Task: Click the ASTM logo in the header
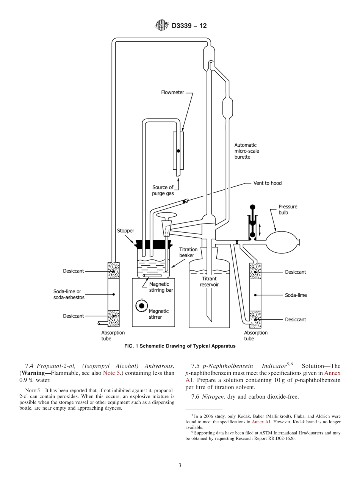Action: pos(162,26)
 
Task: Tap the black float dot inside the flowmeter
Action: pos(178,151)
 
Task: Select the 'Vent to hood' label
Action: pos(268,183)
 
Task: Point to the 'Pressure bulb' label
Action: pos(288,210)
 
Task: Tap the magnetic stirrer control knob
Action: pos(142,305)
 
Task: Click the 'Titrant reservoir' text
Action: pos(209,282)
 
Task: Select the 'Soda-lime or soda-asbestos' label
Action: pos(69,294)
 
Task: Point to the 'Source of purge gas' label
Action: pos(163,190)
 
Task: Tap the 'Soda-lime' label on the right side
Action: pos(296,295)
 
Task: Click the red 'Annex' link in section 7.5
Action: pos(332,373)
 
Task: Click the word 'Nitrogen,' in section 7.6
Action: pos(213,397)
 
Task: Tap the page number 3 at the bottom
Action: pos(180,465)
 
